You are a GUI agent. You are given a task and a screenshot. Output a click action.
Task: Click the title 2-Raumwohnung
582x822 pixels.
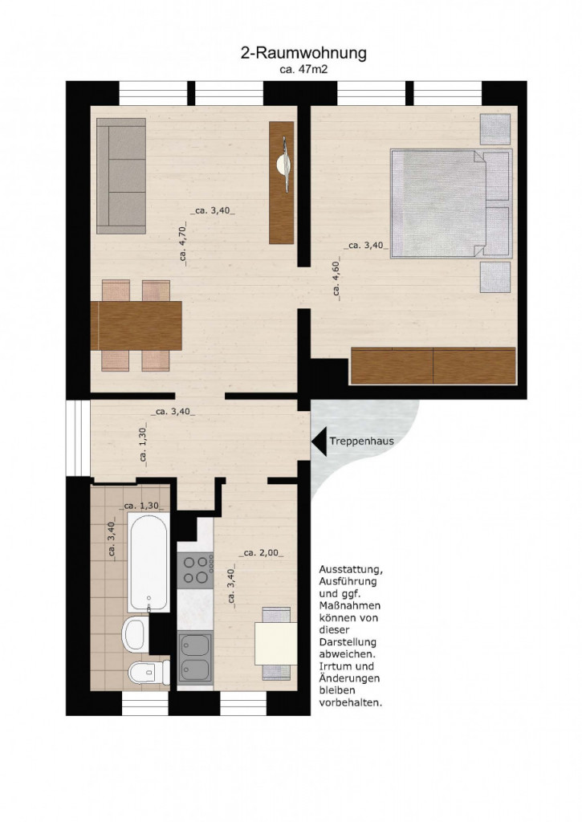point(303,53)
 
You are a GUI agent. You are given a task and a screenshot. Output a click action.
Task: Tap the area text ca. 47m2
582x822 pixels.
point(303,69)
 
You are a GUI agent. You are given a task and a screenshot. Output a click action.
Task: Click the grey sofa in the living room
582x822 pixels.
point(121,176)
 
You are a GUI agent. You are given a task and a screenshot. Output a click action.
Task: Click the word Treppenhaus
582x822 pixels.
point(362,441)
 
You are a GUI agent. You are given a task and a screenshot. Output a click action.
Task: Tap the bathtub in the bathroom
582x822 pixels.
point(149,562)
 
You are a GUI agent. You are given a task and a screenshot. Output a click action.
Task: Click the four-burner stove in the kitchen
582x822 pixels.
point(195,571)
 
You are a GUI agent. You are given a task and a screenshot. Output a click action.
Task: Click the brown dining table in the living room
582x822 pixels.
point(136,326)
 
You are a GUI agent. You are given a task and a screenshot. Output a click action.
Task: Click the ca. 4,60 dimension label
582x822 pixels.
point(336,279)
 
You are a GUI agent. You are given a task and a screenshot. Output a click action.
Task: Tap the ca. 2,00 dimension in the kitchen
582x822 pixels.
point(263,553)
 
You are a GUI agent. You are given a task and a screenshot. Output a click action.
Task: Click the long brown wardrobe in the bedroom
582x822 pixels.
point(433,366)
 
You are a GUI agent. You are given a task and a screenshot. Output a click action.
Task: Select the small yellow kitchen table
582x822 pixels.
point(276,643)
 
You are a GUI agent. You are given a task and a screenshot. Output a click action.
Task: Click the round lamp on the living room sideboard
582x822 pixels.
point(283,165)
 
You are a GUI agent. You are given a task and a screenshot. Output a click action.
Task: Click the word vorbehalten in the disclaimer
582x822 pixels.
point(350,703)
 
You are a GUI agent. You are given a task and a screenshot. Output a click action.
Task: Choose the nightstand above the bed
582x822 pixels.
point(495,129)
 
